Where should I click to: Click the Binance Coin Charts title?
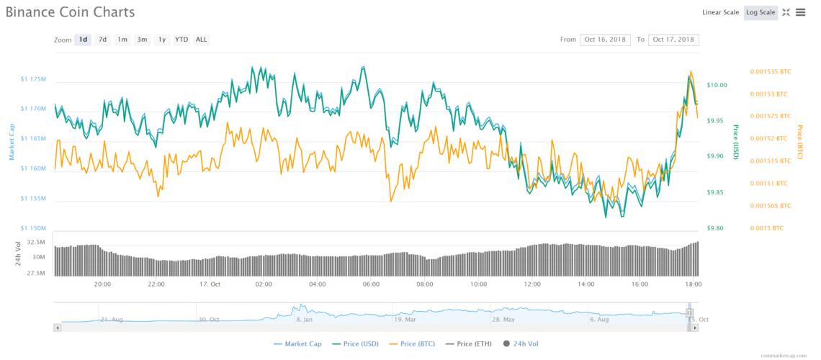70,12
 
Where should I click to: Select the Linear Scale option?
720,12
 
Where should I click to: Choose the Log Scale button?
761,12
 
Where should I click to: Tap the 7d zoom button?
103,40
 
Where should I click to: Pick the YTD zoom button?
181,40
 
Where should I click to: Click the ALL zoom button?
202,40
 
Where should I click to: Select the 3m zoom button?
143,40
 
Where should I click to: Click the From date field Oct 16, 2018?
605,40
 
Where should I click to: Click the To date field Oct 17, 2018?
673,40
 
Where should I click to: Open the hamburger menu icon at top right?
800,12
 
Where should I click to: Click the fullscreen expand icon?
786,12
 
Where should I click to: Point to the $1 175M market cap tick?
33,78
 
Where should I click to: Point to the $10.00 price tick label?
717,85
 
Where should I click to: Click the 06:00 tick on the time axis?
371,284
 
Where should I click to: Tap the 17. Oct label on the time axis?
210,284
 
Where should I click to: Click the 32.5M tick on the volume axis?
36,243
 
